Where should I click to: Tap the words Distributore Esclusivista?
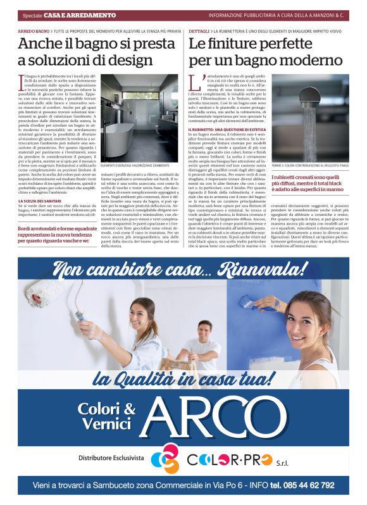(111, 458)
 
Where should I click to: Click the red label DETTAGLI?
(199, 30)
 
